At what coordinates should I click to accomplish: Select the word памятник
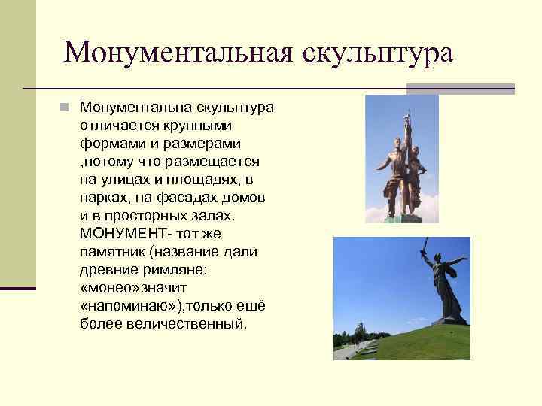[x=111, y=251]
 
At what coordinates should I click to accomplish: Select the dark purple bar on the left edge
[x=18, y=288]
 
